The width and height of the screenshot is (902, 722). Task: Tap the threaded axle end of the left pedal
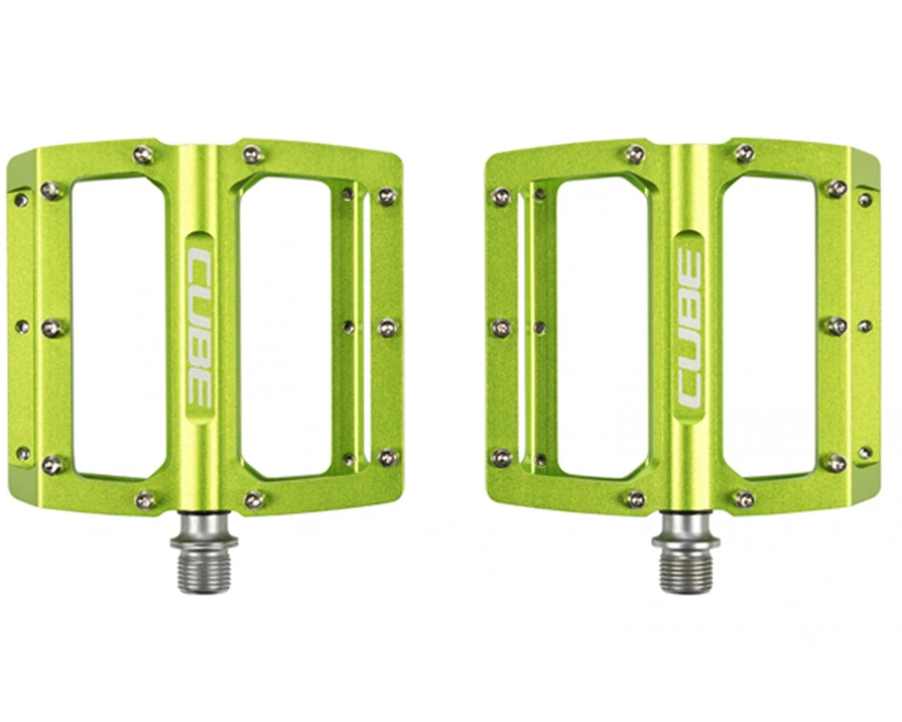(204, 567)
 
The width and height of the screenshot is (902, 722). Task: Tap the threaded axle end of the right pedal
(686, 567)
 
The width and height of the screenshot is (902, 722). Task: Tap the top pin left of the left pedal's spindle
(142, 154)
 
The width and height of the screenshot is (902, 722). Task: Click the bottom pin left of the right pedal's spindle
(634, 499)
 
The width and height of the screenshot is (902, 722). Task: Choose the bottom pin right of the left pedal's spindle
(253, 499)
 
